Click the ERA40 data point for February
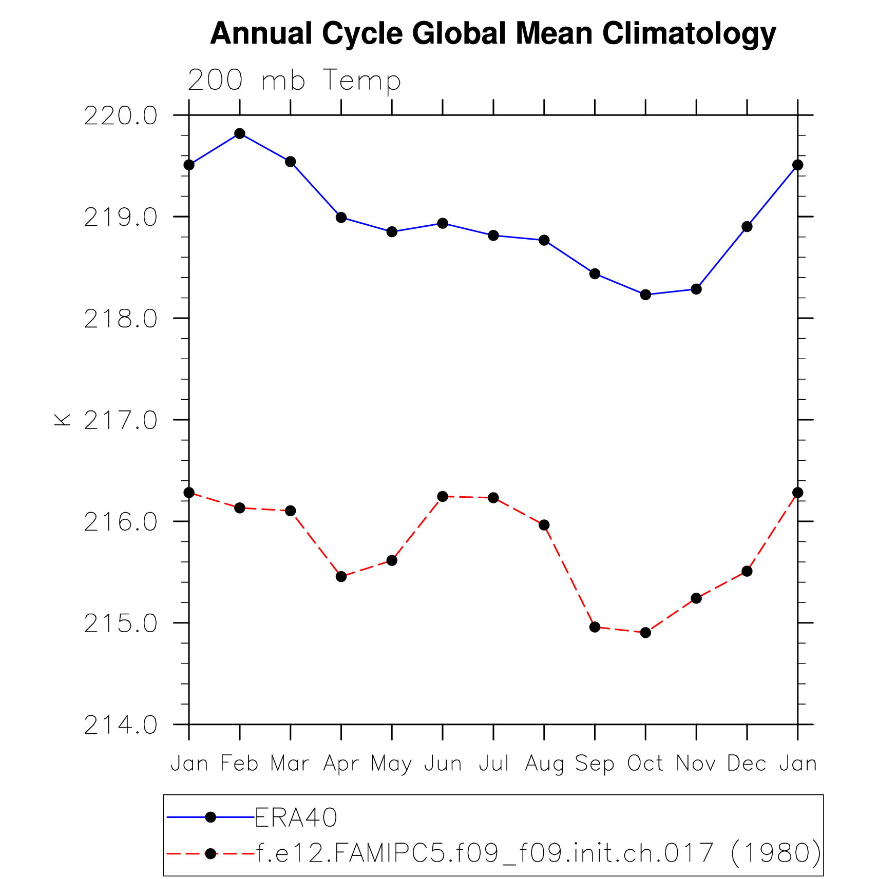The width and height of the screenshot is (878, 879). point(240,133)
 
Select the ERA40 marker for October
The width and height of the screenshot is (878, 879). point(645,295)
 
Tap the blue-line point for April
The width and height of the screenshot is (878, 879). point(341,218)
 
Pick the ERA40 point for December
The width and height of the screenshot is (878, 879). point(747,227)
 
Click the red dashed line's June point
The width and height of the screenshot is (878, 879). point(443,496)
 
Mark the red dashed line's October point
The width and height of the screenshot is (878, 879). point(645,633)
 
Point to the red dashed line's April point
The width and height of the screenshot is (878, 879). point(341,577)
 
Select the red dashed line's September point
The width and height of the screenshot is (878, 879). point(595,627)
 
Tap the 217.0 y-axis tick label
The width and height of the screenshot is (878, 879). point(120,421)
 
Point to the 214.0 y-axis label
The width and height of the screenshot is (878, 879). point(120,726)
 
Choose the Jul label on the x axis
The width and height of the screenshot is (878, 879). point(493,764)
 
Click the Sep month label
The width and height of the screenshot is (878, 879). point(595,765)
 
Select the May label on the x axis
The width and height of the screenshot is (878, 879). point(392,765)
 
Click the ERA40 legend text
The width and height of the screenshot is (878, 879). point(296,818)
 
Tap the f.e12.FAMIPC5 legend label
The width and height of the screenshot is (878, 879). point(538,853)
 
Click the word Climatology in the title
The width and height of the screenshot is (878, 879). point(689,34)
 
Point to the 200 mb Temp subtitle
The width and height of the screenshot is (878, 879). point(294,81)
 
